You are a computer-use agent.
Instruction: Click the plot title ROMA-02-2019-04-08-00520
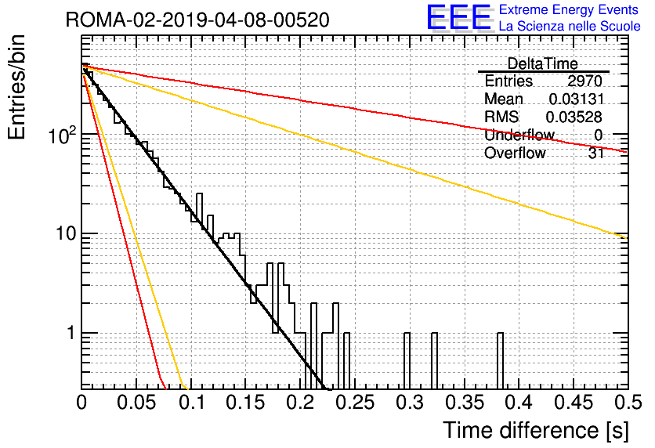tap(197, 20)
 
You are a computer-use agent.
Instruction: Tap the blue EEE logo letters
tap(459, 17)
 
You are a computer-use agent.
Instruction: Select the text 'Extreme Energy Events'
tap(569, 9)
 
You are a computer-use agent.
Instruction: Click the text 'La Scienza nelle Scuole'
tap(570, 26)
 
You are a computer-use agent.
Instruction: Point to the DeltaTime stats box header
tap(543, 63)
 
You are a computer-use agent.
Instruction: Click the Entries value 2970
tap(584, 81)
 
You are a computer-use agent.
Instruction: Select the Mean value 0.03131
tap(577, 99)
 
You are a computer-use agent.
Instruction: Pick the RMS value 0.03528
tap(574, 117)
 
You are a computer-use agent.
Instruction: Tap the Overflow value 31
tap(596, 154)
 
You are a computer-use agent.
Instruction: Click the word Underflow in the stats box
tap(519, 135)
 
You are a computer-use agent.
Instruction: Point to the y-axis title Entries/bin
tap(16, 87)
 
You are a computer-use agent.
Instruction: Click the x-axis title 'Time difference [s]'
tap(536, 430)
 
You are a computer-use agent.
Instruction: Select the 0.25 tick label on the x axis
tap(355, 403)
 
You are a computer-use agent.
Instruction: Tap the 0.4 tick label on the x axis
tap(519, 403)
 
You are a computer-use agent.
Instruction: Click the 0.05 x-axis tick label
tap(136, 403)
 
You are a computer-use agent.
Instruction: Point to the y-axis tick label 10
tap(66, 233)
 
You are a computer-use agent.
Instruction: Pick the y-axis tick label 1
tap(71, 333)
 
